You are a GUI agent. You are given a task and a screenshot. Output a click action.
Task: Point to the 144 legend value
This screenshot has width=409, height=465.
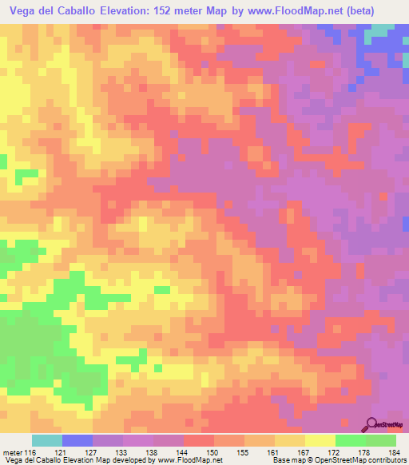point(181,452)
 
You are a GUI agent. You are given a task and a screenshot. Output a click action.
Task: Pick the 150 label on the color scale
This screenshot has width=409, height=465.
point(212,452)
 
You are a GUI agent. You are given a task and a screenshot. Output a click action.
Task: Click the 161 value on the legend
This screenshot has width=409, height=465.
point(272,452)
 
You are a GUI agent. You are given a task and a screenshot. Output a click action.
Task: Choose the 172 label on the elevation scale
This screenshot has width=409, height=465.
point(333,452)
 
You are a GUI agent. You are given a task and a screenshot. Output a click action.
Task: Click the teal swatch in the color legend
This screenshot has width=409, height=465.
point(47,440)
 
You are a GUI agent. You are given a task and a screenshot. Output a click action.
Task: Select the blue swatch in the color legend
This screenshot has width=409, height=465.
point(77,440)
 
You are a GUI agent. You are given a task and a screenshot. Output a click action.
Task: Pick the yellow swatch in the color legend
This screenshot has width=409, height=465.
point(320,440)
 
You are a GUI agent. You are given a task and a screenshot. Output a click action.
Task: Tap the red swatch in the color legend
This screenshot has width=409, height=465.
point(199,440)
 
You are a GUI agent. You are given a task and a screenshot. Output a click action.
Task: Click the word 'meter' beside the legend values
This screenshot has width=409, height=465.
point(11,452)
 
